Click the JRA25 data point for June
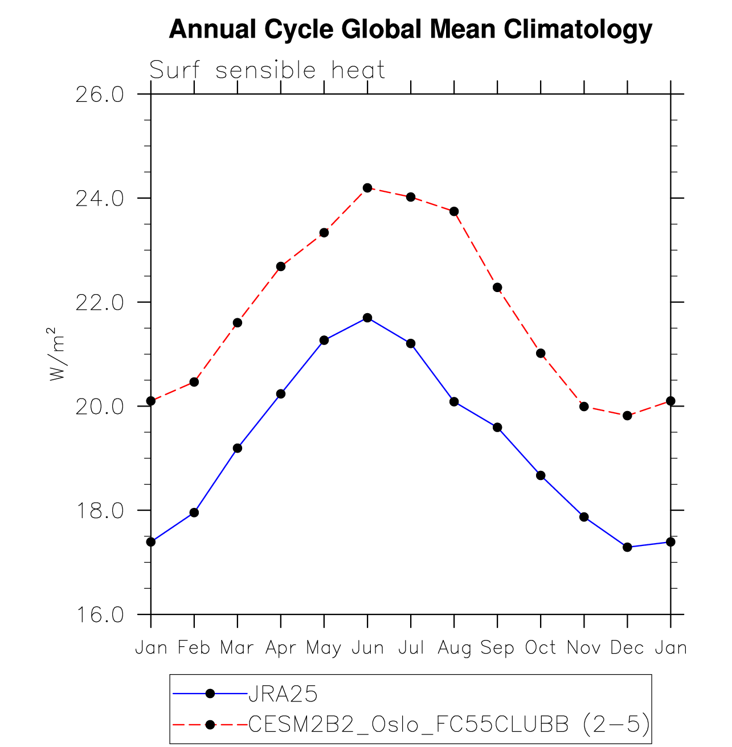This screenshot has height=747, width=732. (x=367, y=318)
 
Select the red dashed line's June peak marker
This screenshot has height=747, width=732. (x=367, y=188)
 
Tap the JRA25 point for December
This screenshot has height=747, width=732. (x=627, y=547)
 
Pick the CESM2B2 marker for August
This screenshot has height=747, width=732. (x=454, y=211)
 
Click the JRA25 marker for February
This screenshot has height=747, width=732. (x=194, y=512)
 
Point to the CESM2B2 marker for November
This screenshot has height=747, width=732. (x=584, y=407)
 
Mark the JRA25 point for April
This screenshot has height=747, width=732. (x=281, y=394)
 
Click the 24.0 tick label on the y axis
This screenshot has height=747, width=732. (x=100, y=199)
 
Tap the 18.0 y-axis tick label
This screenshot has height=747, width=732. (x=100, y=511)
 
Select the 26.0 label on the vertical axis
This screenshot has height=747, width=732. (x=100, y=95)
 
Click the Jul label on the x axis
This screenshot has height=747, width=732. (x=411, y=648)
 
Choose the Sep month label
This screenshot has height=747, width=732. (x=497, y=648)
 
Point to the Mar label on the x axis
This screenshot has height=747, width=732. (x=237, y=648)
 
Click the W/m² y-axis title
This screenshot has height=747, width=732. (x=57, y=354)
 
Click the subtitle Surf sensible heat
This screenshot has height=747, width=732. (x=267, y=71)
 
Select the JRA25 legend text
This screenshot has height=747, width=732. (x=283, y=694)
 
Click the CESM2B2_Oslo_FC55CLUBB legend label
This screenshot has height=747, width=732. (x=408, y=724)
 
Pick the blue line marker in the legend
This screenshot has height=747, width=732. (x=210, y=693)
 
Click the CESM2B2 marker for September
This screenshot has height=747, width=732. (x=497, y=288)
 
